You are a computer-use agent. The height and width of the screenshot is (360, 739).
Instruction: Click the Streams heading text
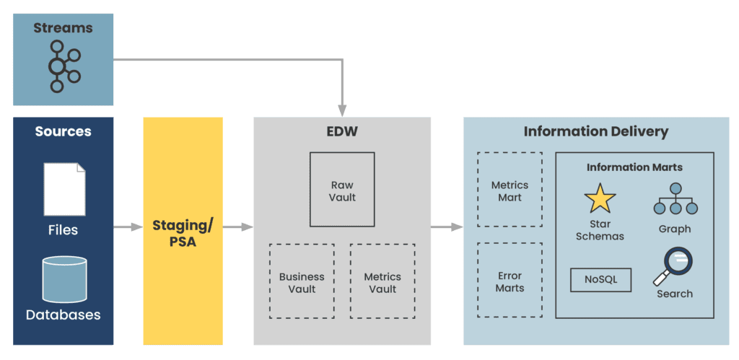(63, 28)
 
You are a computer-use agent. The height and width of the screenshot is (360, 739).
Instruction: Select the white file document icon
(64, 189)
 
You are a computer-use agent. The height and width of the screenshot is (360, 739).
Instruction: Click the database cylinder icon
(64, 279)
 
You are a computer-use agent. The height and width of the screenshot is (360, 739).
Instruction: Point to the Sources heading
(64, 131)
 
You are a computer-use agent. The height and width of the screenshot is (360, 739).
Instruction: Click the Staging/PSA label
(183, 234)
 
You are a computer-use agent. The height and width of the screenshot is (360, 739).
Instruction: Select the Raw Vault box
(342, 190)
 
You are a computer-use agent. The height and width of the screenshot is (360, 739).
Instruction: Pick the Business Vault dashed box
(302, 281)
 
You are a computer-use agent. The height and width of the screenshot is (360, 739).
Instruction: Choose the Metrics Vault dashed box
(382, 281)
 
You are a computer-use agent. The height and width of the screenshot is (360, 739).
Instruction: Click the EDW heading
(342, 132)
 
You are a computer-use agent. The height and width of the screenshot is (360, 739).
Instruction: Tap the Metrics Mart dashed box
(510, 190)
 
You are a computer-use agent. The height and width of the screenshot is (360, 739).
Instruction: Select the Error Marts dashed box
(510, 281)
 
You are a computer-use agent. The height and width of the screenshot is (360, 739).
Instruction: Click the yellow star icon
(600, 198)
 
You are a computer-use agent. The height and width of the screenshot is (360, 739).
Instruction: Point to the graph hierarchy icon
(675, 199)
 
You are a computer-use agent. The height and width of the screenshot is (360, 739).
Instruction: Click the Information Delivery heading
(595, 132)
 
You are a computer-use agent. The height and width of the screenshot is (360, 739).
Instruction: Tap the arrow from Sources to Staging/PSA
(128, 227)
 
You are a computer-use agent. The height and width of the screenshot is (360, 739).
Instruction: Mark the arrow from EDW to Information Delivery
(447, 227)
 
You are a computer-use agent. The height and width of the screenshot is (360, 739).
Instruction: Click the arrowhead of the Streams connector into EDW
(342, 108)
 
